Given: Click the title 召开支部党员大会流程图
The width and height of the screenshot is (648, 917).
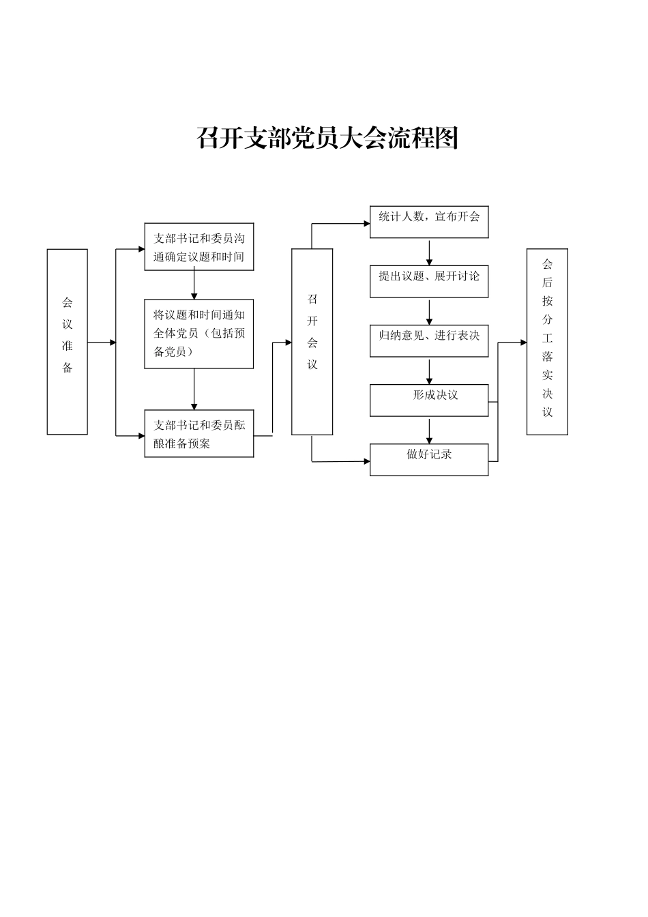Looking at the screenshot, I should [x=327, y=138].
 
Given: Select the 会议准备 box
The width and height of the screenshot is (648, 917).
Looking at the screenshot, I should [x=67, y=341].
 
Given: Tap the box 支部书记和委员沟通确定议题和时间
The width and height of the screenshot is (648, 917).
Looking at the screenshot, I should [x=198, y=247].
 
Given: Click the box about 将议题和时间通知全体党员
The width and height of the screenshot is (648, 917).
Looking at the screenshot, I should [x=198, y=334].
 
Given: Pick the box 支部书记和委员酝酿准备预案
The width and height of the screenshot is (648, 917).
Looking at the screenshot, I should [x=198, y=434].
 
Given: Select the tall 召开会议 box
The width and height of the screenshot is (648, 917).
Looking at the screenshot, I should [x=312, y=341].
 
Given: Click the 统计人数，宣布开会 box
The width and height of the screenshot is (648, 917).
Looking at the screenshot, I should [x=429, y=222].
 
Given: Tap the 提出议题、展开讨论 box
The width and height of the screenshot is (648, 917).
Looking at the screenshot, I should [x=429, y=281].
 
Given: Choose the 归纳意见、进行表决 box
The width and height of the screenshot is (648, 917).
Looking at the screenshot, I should [x=429, y=340].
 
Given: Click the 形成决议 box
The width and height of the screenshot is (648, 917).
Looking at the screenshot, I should [x=429, y=400].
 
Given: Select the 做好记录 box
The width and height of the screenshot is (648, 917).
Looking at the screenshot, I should [x=429, y=459].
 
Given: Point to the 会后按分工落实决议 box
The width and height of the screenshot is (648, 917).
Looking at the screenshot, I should [x=547, y=341].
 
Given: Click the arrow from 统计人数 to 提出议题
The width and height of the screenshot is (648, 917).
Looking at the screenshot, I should [x=429, y=252].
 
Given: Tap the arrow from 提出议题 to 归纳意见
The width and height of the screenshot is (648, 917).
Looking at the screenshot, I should [x=429, y=312].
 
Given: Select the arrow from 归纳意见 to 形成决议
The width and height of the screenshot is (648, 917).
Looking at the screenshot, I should [x=429, y=371].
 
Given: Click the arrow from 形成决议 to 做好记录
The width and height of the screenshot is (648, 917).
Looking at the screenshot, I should [x=429, y=431].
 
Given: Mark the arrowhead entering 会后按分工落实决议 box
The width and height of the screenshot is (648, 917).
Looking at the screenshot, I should [x=523, y=343].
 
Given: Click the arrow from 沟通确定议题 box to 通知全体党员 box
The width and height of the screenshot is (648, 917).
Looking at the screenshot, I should [x=194, y=285].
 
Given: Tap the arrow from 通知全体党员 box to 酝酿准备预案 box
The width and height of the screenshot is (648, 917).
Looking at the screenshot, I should [x=194, y=390].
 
